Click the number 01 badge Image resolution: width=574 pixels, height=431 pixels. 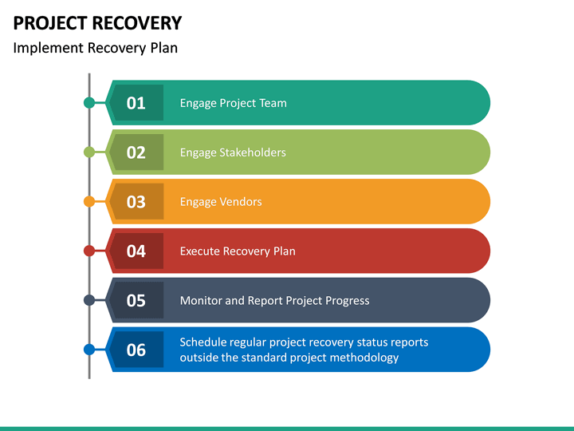pyautogui.click(x=136, y=103)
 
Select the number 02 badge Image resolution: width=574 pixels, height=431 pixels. pyautogui.click(x=136, y=152)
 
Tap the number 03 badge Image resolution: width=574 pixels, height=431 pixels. pyautogui.click(x=136, y=202)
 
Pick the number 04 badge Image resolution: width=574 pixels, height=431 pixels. pyautogui.click(x=136, y=251)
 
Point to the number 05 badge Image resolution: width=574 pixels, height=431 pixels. pyautogui.click(x=136, y=301)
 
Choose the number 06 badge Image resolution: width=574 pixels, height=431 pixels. pyautogui.click(x=136, y=350)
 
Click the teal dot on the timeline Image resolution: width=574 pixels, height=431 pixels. pyautogui.click(x=89, y=103)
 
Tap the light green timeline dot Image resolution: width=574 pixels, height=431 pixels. pyautogui.click(x=89, y=152)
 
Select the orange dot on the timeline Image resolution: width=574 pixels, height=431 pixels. pyautogui.click(x=89, y=202)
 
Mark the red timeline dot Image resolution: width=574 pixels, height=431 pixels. pyautogui.click(x=89, y=251)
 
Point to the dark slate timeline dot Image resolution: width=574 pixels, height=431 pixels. pyautogui.click(x=89, y=301)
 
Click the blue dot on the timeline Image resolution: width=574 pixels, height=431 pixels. pyautogui.click(x=89, y=350)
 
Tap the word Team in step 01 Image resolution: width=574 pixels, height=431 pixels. pyautogui.click(x=273, y=103)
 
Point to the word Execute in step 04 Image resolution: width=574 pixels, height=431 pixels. pyautogui.click(x=199, y=251)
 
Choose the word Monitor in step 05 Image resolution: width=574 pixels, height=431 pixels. pyautogui.click(x=201, y=301)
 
